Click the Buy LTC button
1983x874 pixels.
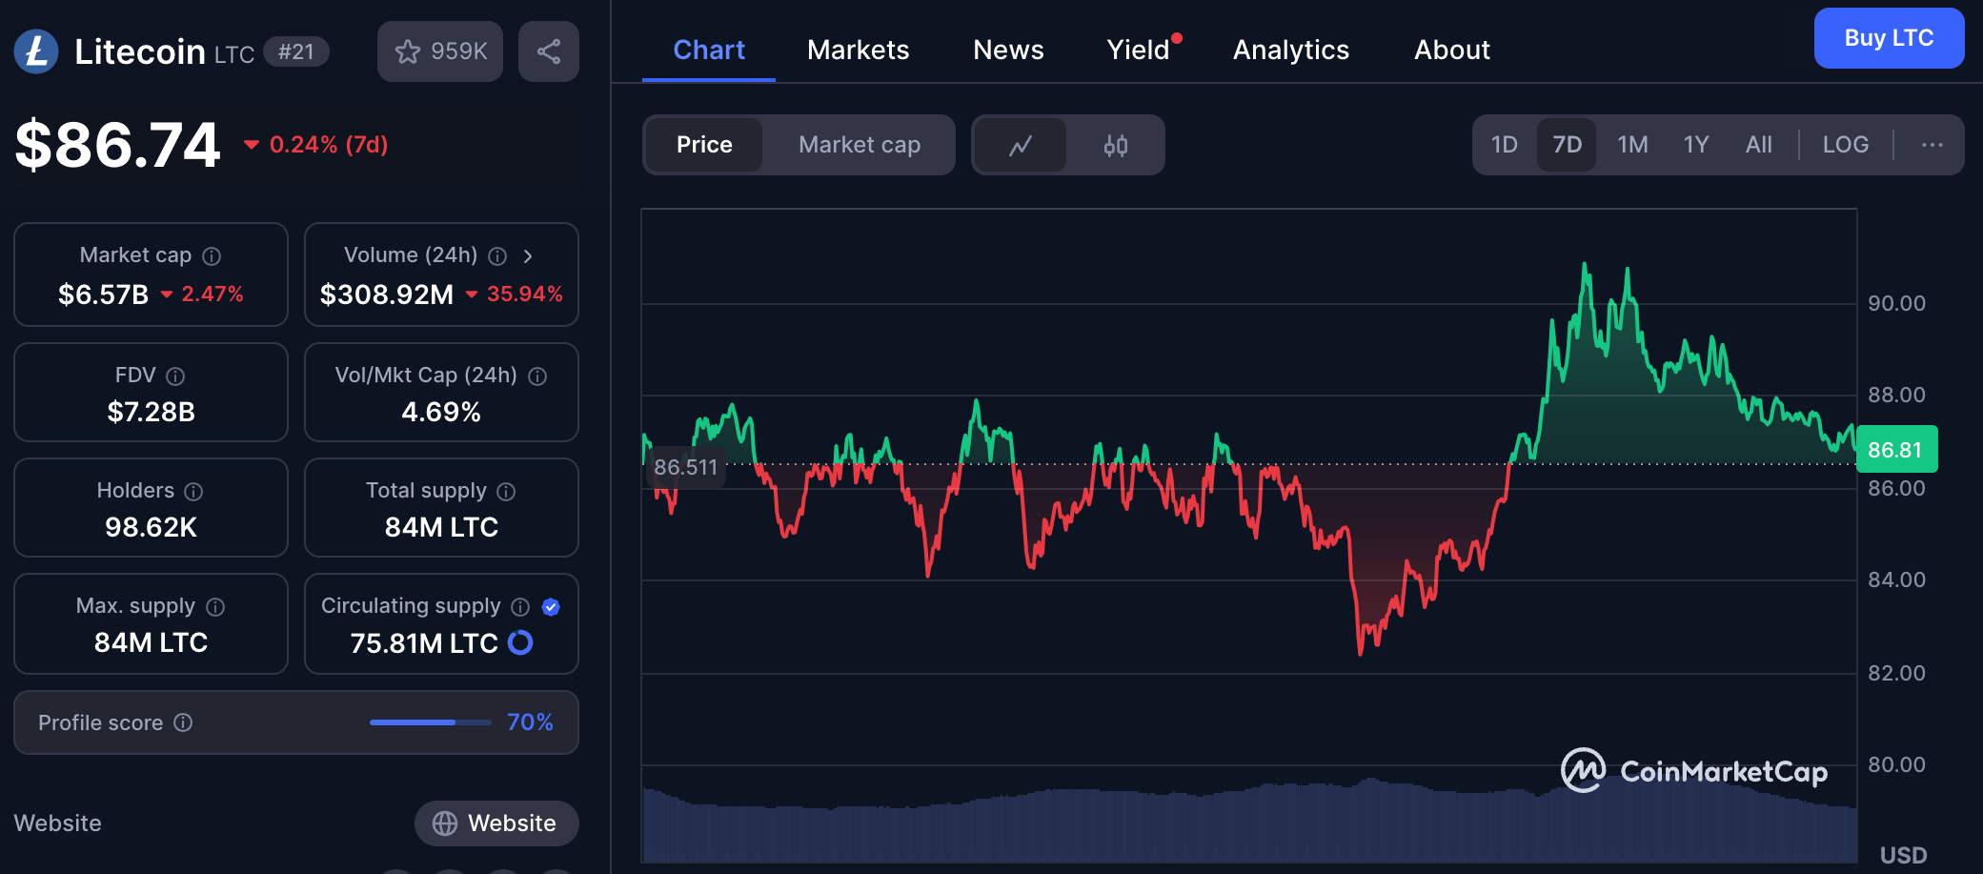tap(1888, 38)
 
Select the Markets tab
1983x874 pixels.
tap(858, 50)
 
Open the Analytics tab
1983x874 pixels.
tap(1290, 50)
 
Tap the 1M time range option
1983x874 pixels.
tap(1631, 145)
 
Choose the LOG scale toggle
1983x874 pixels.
tap(1845, 145)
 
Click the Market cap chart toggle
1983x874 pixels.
tap(859, 145)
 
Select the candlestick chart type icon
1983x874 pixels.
tap(1115, 145)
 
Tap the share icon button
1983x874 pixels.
tap(548, 51)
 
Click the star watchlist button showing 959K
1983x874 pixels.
tap(440, 51)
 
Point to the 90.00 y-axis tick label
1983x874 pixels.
tap(1895, 303)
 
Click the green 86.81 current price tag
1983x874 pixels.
tap(1895, 450)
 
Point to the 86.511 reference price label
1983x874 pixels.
tap(685, 467)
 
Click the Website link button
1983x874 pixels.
tap(496, 823)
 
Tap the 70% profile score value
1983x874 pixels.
tap(530, 722)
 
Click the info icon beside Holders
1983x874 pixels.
tap(193, 492)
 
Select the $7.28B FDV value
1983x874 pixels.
tap(151, 412)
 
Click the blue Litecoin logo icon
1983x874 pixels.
tap(36, 51)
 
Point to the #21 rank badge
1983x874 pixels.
tap(295, 51)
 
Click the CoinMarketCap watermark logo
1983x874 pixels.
tap(1693, 771)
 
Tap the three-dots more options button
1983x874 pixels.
tap(1932, 145)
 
